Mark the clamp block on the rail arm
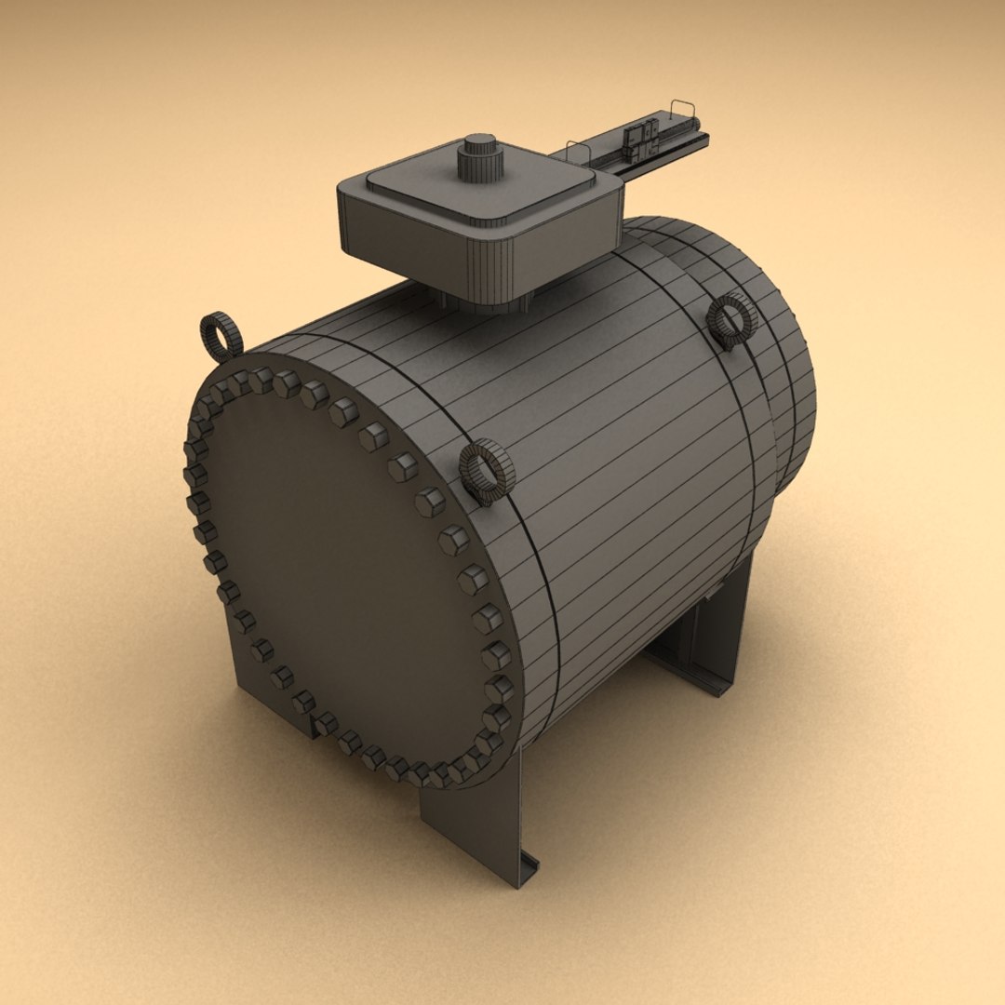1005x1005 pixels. (x=639, y=139)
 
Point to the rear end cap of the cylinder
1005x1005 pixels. (x=791, y=391)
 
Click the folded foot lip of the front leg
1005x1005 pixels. (x=527, y=871)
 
